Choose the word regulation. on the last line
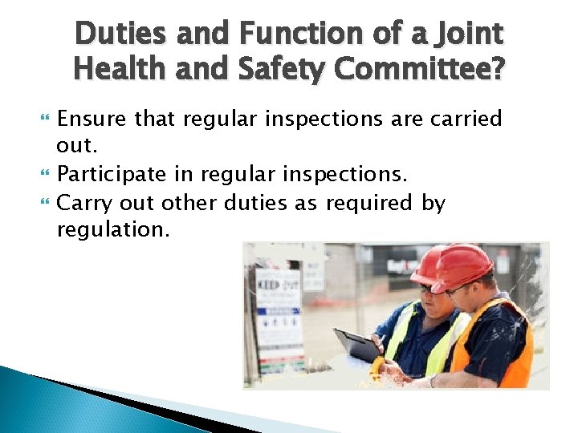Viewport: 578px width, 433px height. [x=112, y=230]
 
